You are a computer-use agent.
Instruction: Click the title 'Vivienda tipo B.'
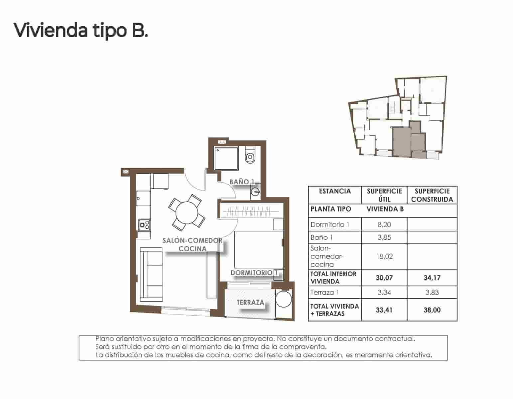pos(80,31)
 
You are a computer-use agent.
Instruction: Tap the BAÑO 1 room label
pos(242,182)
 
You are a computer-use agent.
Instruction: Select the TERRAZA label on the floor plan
pos(250,303)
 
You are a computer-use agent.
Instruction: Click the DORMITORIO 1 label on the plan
pos(254,273)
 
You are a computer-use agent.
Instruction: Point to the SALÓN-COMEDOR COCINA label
pos(192,244)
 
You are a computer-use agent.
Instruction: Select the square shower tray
pos(226,158)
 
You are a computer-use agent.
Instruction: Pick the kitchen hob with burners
pos(144,225)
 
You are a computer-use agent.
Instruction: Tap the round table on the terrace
pos(284,299)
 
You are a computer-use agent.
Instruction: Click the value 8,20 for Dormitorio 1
pos(384,224)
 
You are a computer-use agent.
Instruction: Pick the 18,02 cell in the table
pos(384,256)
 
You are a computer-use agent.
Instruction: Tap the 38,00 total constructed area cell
pos(432,310)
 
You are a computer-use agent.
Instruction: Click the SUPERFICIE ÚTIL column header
pos(384,195)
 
